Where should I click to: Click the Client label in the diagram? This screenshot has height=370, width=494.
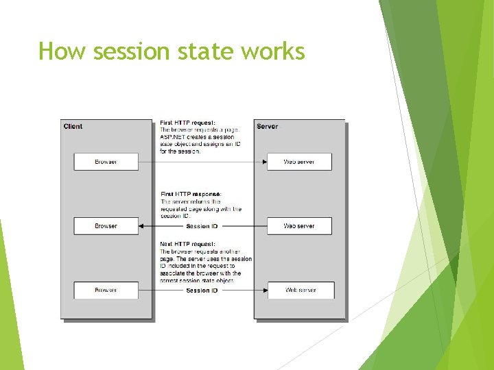click(x=73, y=126)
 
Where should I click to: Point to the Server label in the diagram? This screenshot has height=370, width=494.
click(x=267, y=126)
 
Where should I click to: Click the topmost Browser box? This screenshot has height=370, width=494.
click(x=106, y=162)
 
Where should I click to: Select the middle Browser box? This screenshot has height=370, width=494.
click(x=106, y=226)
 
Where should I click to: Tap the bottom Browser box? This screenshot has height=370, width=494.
click(x=106, y=290)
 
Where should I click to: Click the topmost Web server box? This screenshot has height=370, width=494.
click(x=299, y=162)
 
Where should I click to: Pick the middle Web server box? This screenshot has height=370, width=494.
click(x=299, y=226)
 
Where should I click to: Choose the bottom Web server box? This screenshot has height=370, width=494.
click(x=301, y=290)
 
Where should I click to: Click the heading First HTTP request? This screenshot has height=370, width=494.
click(x=187, y=123)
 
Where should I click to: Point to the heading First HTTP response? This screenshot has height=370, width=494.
click(x=191, y=194)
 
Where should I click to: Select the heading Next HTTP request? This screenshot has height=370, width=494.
click(x=187, y=244)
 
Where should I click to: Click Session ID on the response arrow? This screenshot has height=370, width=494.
click(x=202, y=226)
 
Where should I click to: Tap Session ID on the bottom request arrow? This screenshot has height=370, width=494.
click(x=202, y=291)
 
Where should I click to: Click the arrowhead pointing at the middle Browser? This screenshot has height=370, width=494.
click(x=142, y=226)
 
